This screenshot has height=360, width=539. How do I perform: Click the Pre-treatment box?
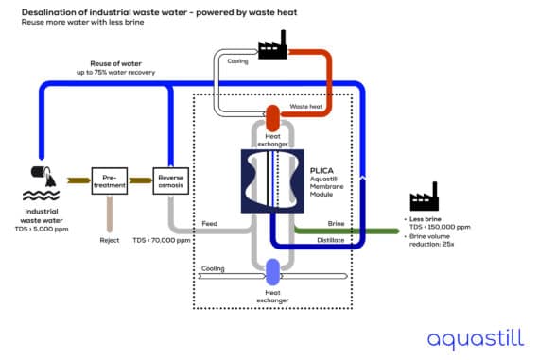[x=110, y=180]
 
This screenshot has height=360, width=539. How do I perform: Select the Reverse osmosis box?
[x=170, y=180]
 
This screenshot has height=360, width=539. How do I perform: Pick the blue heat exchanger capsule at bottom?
[x=273, y=273]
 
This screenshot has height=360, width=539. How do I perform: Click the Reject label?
[x=110, y=240]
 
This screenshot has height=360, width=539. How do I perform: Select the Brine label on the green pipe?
[x=336, y=224]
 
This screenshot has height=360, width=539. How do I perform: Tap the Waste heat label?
[x=305, y=107]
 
